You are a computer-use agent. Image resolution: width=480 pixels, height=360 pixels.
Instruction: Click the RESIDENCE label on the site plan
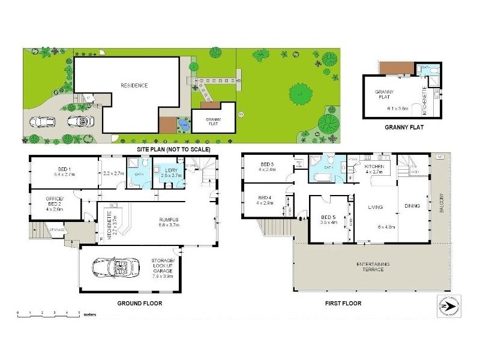pos(134,85)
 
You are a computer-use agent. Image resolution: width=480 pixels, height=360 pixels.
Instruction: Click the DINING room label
pos(413,205)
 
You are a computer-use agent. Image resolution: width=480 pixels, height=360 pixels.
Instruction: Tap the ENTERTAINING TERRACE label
pos(369,268)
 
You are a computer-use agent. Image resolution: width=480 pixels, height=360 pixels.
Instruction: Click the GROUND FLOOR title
pos(140,304)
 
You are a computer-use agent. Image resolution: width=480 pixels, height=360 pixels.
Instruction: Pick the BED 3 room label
pos(268,166)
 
